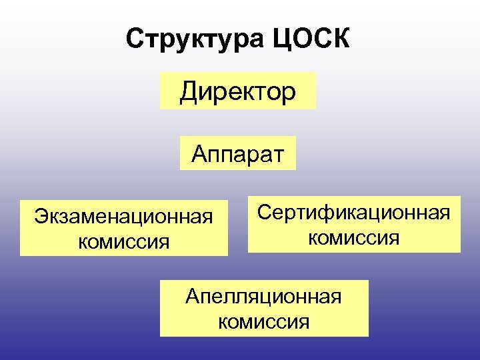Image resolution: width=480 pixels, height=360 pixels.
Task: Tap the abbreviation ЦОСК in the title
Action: [311, 41]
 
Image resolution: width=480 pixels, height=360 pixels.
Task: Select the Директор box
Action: [238, 91]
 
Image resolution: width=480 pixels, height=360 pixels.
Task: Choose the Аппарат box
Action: [238, 154]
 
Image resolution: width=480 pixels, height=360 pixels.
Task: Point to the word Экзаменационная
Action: [124, 217]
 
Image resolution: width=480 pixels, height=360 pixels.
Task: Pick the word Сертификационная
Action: [354, 213]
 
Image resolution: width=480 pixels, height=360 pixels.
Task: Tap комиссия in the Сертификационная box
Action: [354, 237]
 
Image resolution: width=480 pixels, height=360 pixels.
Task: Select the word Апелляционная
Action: [263, 296]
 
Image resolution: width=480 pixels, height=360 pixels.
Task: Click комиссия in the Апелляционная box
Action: [264, 322]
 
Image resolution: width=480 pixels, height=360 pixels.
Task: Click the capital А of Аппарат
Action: [199, 154]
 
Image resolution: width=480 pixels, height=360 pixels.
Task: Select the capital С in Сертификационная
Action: [264, 213]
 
